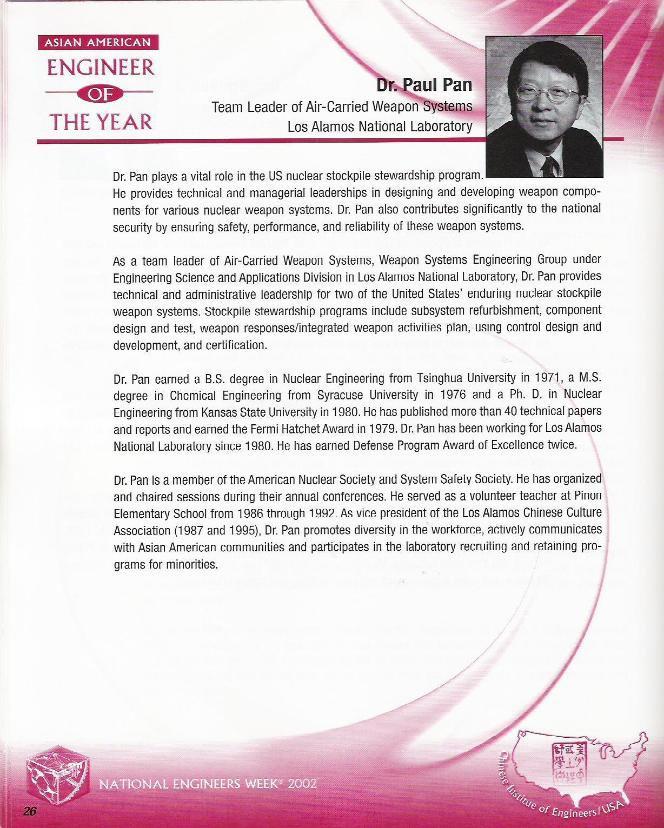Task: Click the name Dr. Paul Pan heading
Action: [424, 85]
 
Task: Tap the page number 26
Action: [29, 811]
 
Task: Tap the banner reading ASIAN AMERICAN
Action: [98, 43]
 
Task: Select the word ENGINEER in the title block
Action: [101, 68]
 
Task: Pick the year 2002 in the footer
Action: [302, 784]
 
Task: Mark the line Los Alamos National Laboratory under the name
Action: [380, 126]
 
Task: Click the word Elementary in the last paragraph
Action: [141, 513]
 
